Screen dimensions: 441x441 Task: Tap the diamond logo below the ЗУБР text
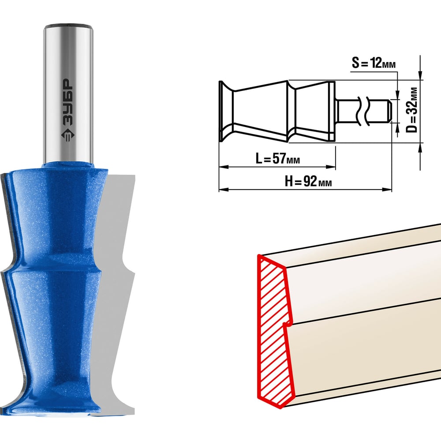coord(68,134)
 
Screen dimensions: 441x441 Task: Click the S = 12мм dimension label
coord(374,63)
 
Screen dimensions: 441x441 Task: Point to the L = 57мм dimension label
coord(277,158)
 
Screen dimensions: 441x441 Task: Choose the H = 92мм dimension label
coord(308,181)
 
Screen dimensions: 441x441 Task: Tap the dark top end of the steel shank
coord(68,27)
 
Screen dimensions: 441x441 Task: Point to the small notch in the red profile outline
coord(287,325)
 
